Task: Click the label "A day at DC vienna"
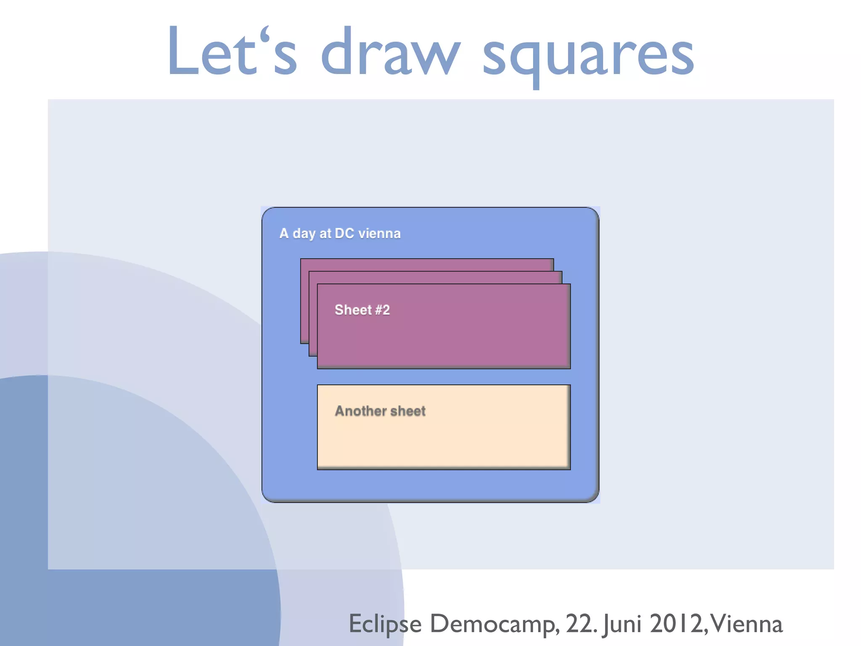(340, 233)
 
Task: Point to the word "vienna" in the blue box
(379, 233)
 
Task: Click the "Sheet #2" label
(362, 310)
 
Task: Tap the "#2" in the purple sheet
(382, 310)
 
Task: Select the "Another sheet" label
(380, 411)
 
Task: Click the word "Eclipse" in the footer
(385, 624)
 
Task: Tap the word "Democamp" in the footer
(494, 624)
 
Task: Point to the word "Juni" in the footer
(622, 624)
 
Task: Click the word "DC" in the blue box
(344, 233)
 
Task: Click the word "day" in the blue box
(304, 234)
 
